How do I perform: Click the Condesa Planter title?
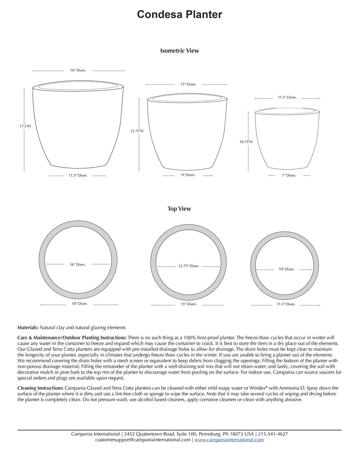179,14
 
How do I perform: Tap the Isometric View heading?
179,51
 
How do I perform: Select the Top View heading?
179,209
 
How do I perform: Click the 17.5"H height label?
25,126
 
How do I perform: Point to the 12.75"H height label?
137,131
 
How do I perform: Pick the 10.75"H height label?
246,142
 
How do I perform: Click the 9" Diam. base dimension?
188,175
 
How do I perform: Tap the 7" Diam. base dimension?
289,175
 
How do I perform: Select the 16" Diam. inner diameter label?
78,264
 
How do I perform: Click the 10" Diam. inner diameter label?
286,269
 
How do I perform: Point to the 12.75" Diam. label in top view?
188,266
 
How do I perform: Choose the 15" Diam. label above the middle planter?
188,84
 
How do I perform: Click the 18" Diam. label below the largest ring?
79,304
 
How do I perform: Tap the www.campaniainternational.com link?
229,440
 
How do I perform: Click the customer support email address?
143,440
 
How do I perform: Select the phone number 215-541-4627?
273,434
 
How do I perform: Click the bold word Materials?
28,328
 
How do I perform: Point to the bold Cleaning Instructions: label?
40,388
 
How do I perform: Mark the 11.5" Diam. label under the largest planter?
78,176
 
